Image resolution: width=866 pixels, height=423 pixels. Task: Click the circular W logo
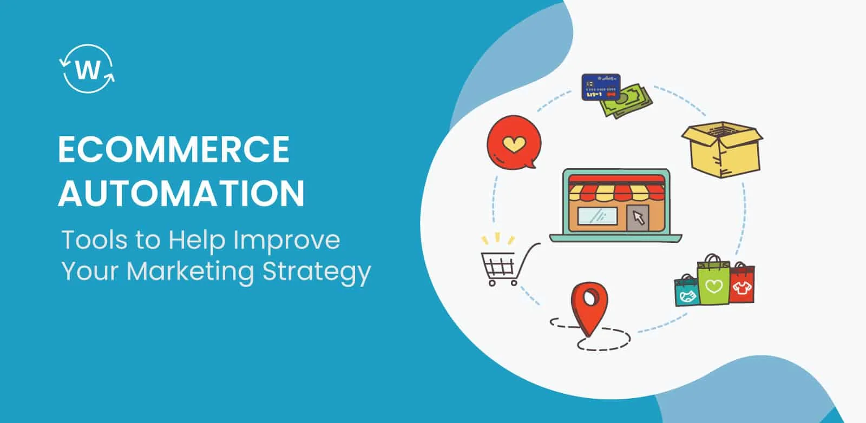pos(87,69)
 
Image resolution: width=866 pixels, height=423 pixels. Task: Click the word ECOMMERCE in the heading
pos(174,149)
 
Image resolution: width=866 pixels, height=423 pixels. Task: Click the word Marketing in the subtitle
pos(190,272)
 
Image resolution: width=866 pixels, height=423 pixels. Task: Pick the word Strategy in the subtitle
pos(317,273)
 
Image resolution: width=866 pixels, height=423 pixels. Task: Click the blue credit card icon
pos(601,87)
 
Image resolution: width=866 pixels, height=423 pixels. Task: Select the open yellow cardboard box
pos(722,149)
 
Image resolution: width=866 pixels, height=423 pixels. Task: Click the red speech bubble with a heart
pos(514,143)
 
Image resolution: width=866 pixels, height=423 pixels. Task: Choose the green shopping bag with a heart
pos(714,280)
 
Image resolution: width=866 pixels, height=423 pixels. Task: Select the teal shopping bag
pos(687,291)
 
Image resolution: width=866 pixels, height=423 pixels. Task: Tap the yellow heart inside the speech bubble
pos(514,144)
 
